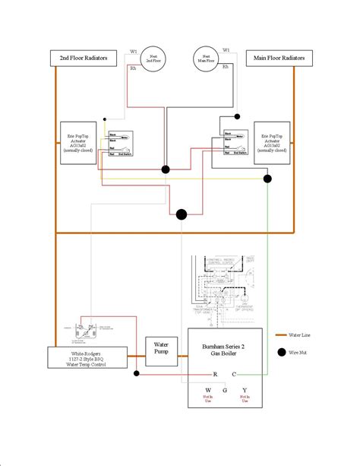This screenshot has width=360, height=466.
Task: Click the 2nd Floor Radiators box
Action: [x=79, y=58]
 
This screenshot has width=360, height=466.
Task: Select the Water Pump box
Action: [x=161, y=348]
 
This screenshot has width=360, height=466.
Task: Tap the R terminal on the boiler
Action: [x=215, y=374]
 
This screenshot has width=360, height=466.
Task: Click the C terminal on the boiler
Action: [x=234, y=374]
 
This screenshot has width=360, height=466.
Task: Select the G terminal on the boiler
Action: [x=225, y=391]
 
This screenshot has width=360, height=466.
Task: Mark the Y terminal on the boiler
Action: [x=245, y=391]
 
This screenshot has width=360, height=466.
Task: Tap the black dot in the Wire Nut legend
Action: [x=283, y=352]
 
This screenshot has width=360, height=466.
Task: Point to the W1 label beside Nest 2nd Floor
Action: [x=134, y=52]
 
